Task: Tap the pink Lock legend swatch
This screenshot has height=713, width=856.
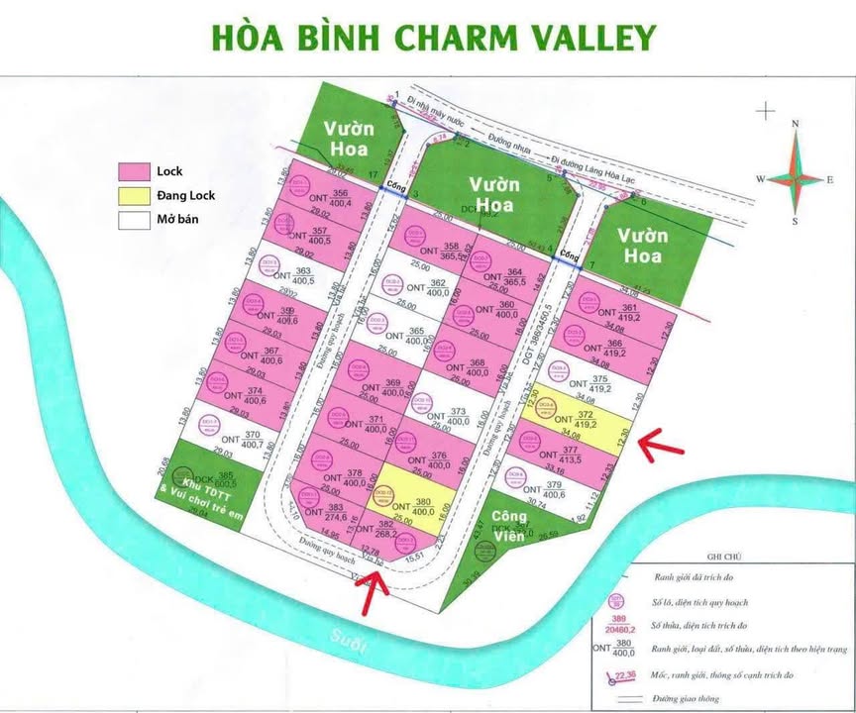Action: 134,171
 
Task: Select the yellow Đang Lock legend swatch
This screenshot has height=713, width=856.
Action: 134,196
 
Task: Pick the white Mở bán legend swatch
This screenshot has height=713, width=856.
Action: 134,220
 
